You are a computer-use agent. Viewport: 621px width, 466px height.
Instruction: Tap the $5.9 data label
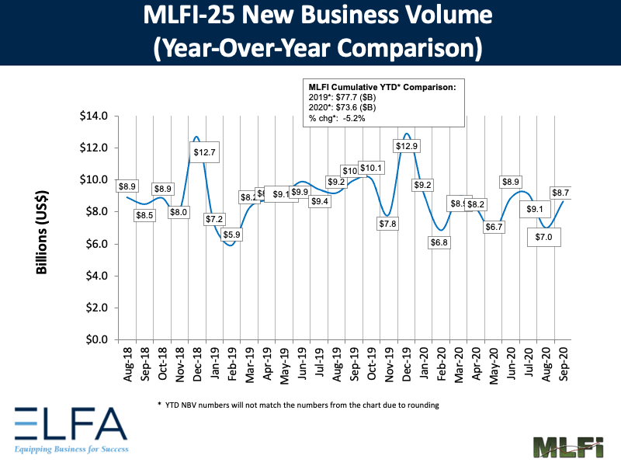tap(231, 234)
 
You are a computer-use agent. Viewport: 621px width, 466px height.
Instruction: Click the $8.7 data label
tap(561, 192)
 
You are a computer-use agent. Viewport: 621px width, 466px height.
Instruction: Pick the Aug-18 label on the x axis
tap(127, 361)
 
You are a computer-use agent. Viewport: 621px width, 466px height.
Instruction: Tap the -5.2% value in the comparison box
tap(362, 119)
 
